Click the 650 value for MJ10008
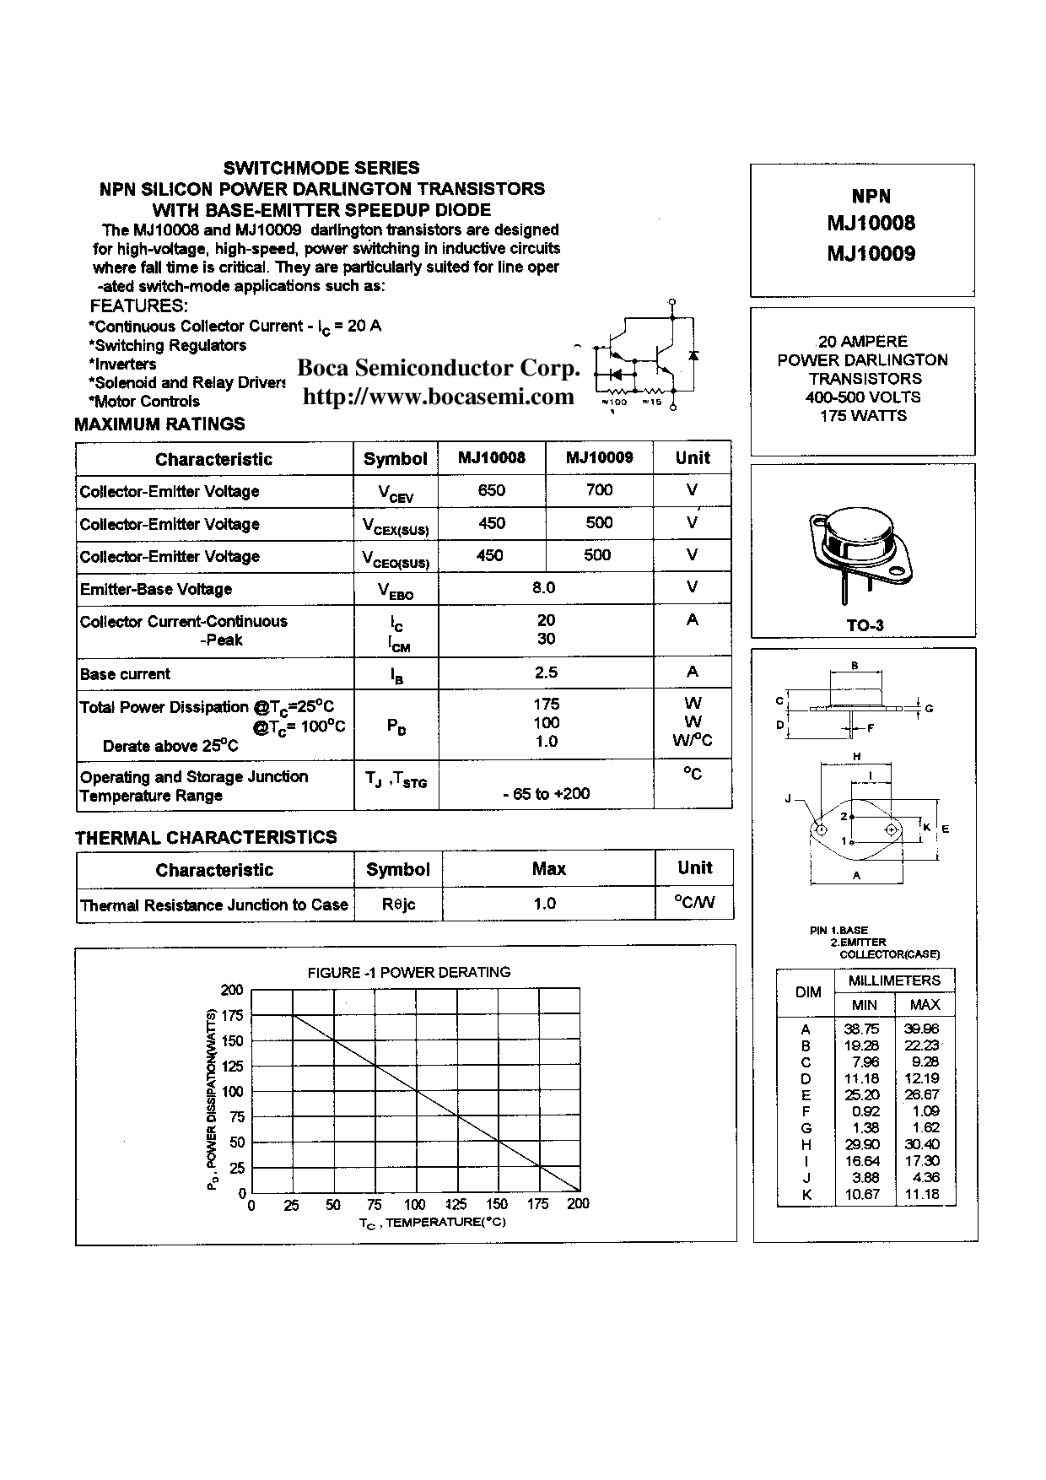click(x=492, y=490)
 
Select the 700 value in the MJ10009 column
click(x=599, y=490)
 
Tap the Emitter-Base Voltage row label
click(x=156, y=589)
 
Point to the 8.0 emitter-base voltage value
click(x=544, y=587)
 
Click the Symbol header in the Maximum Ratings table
click(x=395, y=459)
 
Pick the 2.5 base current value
click(x=546, y=672)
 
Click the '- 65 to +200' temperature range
click(x=546, y=793)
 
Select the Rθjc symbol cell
click(x=398, y=905)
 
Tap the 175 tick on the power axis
click(x=232, y=1015)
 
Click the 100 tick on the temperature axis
click(x=415, y=1204)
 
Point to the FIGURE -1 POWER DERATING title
click(x=409, y=972)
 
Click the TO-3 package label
click(x=864, y=625)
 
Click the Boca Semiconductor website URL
click(x=438, y=397)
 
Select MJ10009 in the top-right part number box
click(x=871, y=253)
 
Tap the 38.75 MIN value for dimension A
click(x=860, y=1029)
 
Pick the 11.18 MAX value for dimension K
click(x=925, y=1194)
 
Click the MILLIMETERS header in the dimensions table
click(x=893, y=980)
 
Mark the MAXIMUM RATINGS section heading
click(x=159, y=424)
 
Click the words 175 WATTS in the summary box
click(x=863, y=415)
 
